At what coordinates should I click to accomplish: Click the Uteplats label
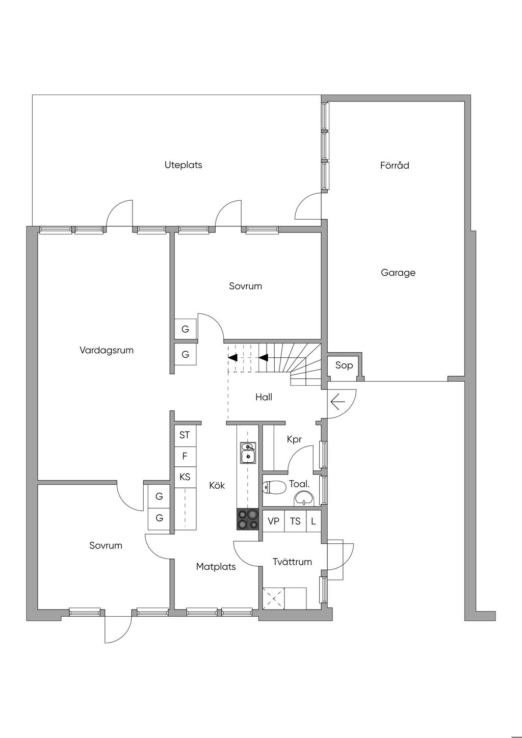(x=183, y=165)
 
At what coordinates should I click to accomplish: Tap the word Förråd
(x=395, y=166)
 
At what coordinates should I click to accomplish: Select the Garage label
(x=398, y=273)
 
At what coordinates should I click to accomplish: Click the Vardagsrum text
(x=107, y=350)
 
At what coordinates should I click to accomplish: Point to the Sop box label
(x=344, y=365)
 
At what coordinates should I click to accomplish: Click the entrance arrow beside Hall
(x=337, y=403)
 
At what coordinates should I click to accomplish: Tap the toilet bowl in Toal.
(x=275, y=488)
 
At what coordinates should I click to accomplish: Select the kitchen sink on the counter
(x=248, y=453)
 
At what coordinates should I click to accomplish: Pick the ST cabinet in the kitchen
(x=185, y=435)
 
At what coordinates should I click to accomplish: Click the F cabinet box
(x=185, y=456)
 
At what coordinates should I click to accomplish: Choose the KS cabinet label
(x=185, y=477)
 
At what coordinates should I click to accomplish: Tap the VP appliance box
(x=274, y=521)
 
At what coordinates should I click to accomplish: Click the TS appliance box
(x=295, y=521)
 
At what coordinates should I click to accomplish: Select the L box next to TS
(x=314, y=521)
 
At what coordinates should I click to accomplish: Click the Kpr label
(x=294, y=439)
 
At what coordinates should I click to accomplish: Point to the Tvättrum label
(x=292, y=562)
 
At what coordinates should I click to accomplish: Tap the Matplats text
(x=216, y=566)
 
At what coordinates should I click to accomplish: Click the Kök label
(x=217, y=486)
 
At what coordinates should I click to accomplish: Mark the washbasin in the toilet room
(x=304, y=498)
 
